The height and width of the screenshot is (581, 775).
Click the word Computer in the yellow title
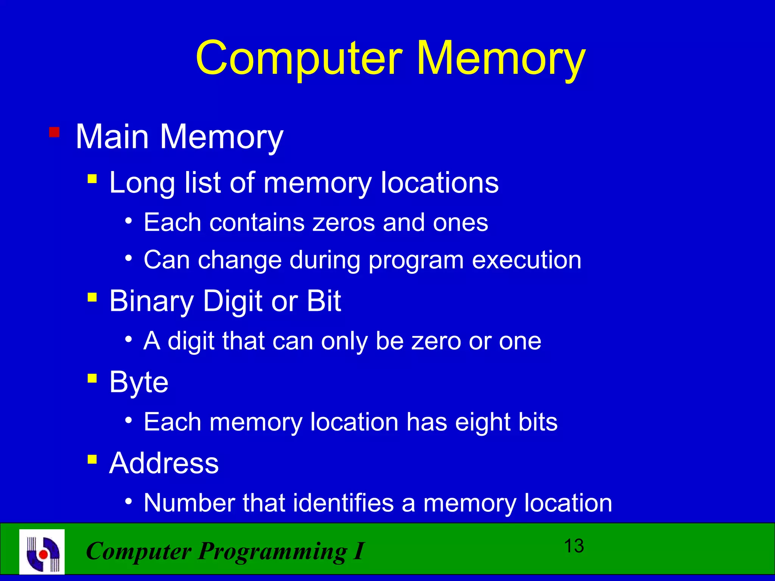[x=299, y=59]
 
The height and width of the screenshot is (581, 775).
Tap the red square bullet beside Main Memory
[x=54, y=132]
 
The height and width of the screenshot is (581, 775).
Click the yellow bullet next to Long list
[x=92, y=178]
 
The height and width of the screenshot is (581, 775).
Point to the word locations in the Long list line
[x=439, y=183]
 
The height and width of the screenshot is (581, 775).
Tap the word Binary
[x=151, y=301]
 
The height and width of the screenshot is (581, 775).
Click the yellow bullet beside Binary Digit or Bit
[x=92, y=297]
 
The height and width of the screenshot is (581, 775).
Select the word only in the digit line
[x=344, y=341]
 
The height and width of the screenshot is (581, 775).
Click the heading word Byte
[x=139, y=382]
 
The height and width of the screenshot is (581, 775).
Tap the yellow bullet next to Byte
[x=92, y=378]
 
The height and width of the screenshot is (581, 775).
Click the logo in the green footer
[x=42, y=551]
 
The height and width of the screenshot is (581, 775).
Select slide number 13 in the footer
[x=574, y=546]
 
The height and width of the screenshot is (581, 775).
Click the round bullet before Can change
[x=129, y=259]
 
